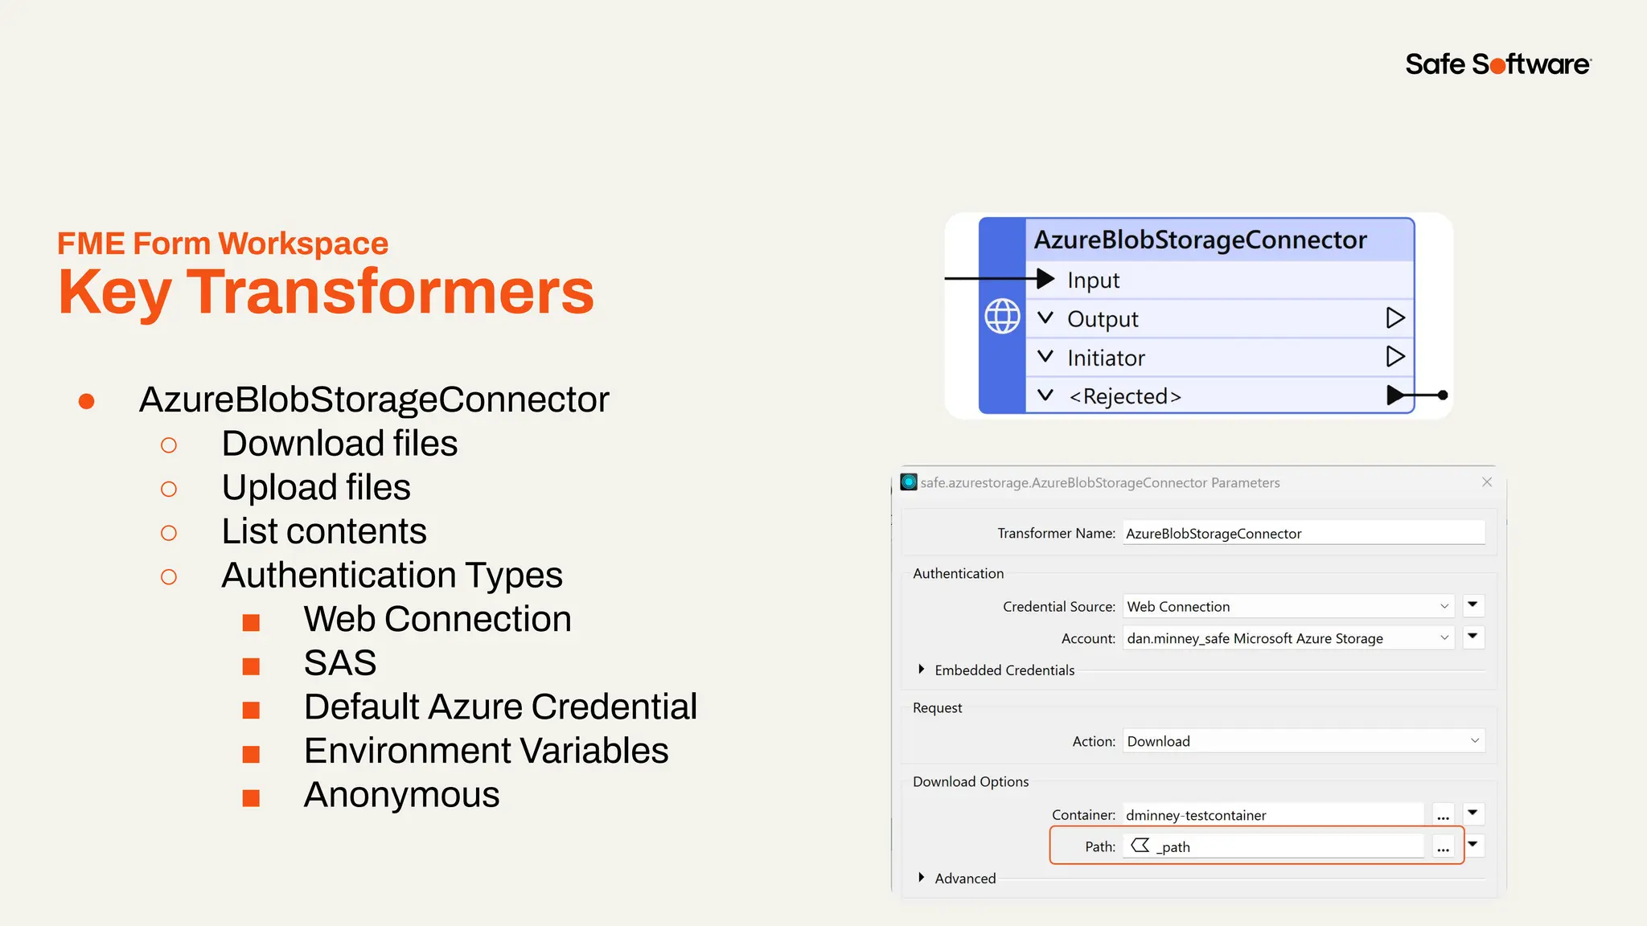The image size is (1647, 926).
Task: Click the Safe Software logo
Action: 1497,64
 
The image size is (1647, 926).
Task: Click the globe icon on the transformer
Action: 1002,316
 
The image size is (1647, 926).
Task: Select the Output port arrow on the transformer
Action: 1395,318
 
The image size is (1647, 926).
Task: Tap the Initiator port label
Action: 1106,358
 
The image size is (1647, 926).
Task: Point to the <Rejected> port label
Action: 1124,396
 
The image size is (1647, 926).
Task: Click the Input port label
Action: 1093,281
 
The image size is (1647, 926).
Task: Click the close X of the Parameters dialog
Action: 1487,482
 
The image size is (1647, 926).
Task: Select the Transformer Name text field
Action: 1303,534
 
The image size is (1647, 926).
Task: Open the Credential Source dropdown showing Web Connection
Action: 1288,607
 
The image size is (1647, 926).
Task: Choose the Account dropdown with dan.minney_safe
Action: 1288,638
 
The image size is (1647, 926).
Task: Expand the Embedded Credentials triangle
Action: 922,670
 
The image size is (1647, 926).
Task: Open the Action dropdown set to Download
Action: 1303,741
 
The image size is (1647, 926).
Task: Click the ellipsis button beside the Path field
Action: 1444,847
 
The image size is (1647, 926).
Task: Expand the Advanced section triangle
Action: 922,878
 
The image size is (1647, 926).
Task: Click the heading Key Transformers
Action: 326,292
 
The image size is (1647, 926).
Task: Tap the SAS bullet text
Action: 340,663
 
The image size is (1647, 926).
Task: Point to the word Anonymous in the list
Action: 401,795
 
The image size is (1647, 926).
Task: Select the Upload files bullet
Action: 316,488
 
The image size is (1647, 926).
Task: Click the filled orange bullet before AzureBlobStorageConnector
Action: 87,401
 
